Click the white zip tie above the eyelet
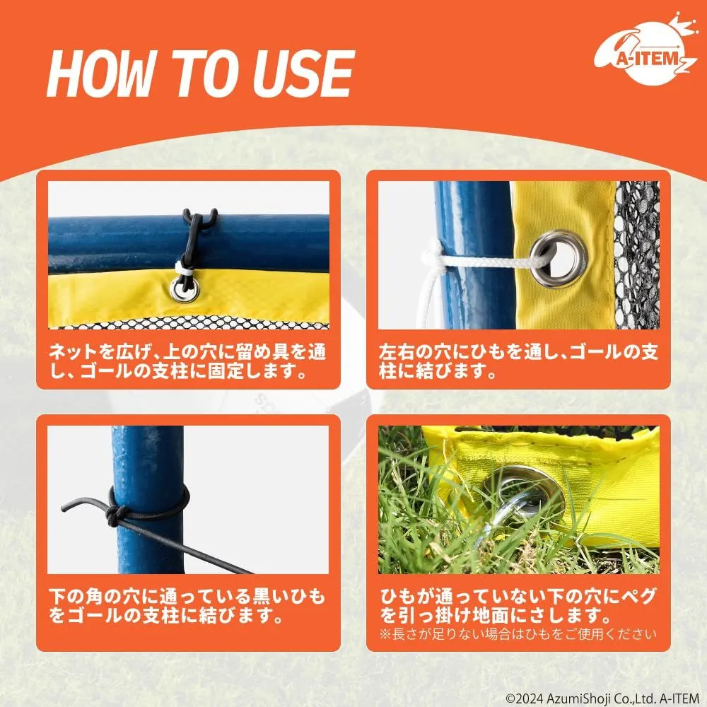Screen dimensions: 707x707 184,273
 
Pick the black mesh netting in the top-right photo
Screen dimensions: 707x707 637,255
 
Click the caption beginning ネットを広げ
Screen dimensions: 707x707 187,361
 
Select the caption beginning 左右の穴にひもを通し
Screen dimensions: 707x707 518,361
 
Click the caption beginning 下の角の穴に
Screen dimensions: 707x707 187,606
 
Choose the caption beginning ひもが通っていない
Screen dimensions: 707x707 518,606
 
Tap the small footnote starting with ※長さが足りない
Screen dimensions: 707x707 518,634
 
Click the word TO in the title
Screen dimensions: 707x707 207,74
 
